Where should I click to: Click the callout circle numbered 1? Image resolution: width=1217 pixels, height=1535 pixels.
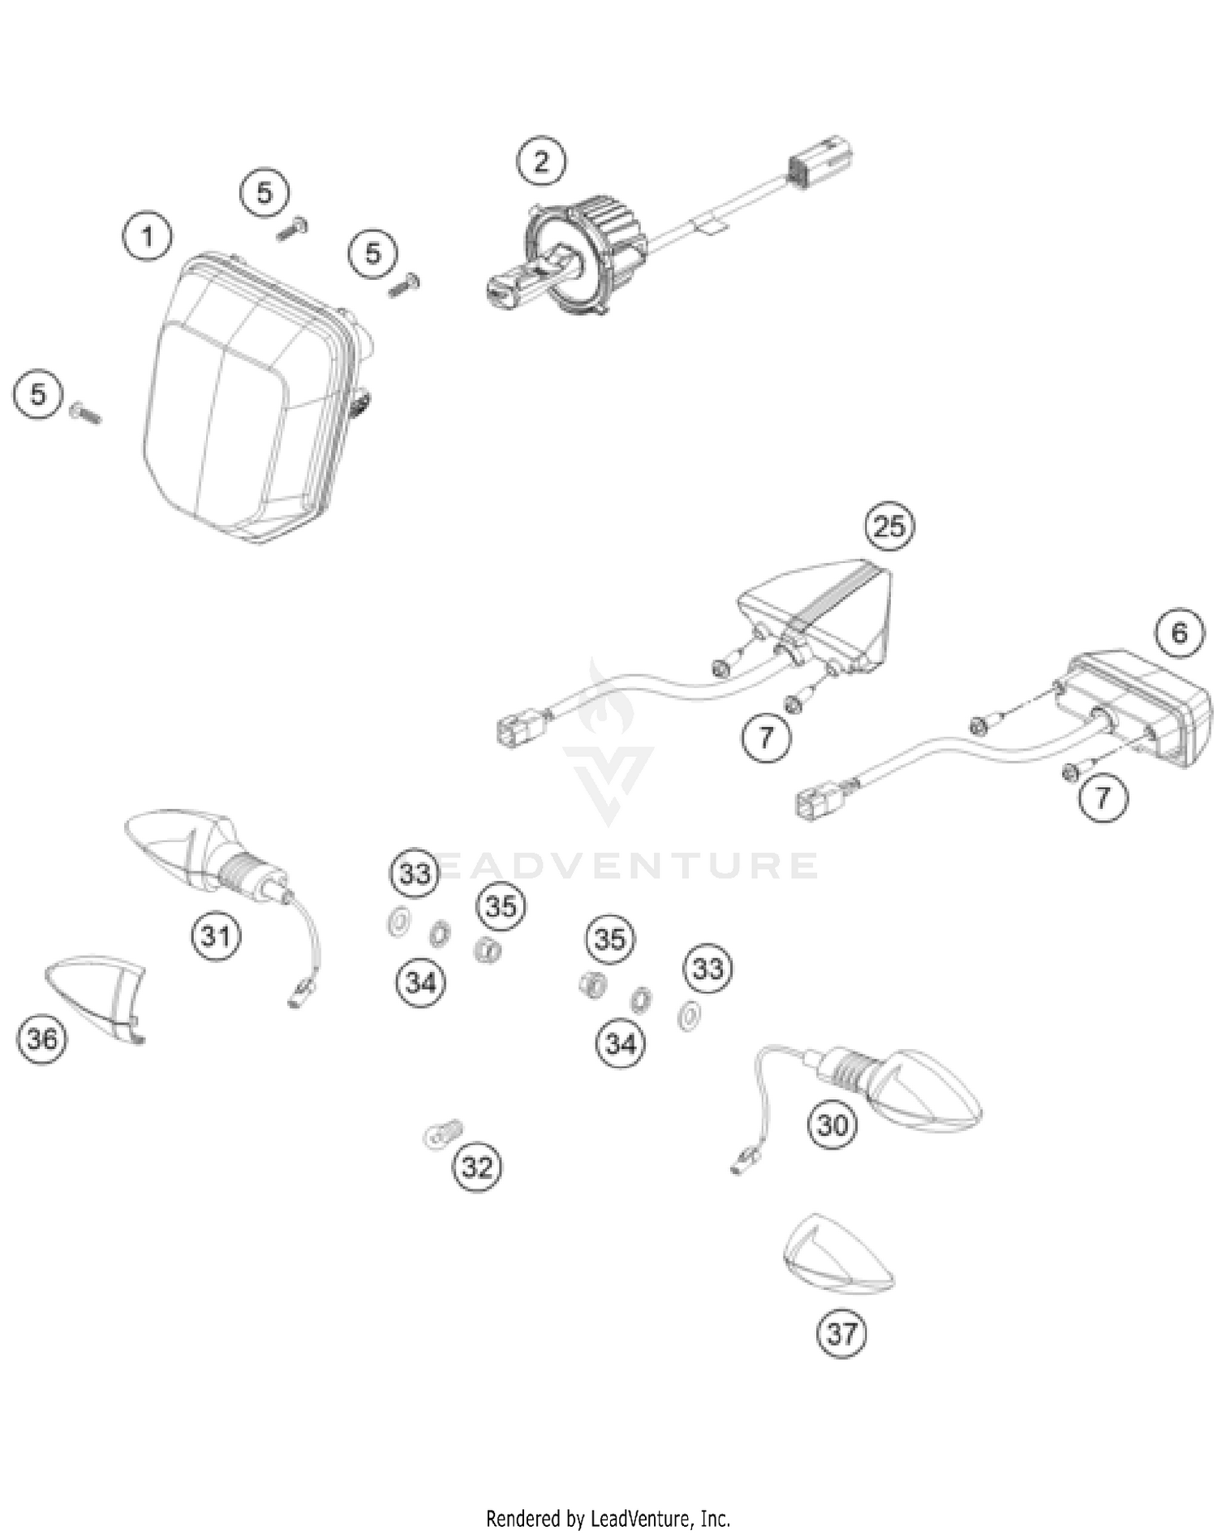coord(147,237)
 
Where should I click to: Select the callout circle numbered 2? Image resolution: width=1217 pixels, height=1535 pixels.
coord(541,161)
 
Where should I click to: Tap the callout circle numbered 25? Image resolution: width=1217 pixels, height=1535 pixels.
coord(889,527)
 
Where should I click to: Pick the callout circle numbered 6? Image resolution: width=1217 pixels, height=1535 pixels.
coord(1180,633)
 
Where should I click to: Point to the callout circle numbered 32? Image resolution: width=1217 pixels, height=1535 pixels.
coord(477,1167)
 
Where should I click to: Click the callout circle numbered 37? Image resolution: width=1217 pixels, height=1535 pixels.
coord(841,1333)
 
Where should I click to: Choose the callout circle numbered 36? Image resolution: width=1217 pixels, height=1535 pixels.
coord(41,1038)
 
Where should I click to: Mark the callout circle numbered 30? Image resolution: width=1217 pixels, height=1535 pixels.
coord(833,1125)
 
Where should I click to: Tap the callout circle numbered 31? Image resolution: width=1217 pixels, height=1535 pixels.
coord(216,936)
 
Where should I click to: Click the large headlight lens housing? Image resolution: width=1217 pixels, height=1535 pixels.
coord(243,398)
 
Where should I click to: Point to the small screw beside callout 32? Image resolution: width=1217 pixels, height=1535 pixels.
coord(443,1133)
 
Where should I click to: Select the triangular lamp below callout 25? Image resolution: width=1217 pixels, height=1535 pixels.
coord(819,617)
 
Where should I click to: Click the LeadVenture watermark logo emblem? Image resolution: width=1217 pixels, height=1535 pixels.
coord(608,746)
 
